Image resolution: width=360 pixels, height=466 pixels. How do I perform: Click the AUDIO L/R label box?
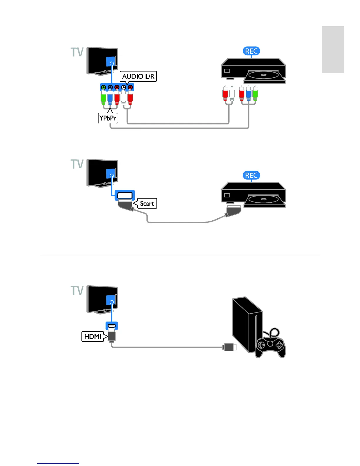(138, 76)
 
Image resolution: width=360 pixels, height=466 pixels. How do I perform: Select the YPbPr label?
(108, 118)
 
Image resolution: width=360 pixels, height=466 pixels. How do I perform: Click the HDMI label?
(93, 337)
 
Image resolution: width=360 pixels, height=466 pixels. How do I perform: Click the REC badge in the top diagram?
(251, 51)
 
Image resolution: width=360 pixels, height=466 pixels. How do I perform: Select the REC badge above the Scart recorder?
(251, 176)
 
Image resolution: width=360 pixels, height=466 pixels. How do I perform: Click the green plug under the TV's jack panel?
(103, 97)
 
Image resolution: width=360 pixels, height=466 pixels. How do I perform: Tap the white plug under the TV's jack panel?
(124, 97)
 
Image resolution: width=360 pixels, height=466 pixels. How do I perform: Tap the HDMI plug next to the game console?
(229, 347)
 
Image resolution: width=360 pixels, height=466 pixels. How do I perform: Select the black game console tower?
(246, 324)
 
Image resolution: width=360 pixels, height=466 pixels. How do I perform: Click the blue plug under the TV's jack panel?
(110, 97)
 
